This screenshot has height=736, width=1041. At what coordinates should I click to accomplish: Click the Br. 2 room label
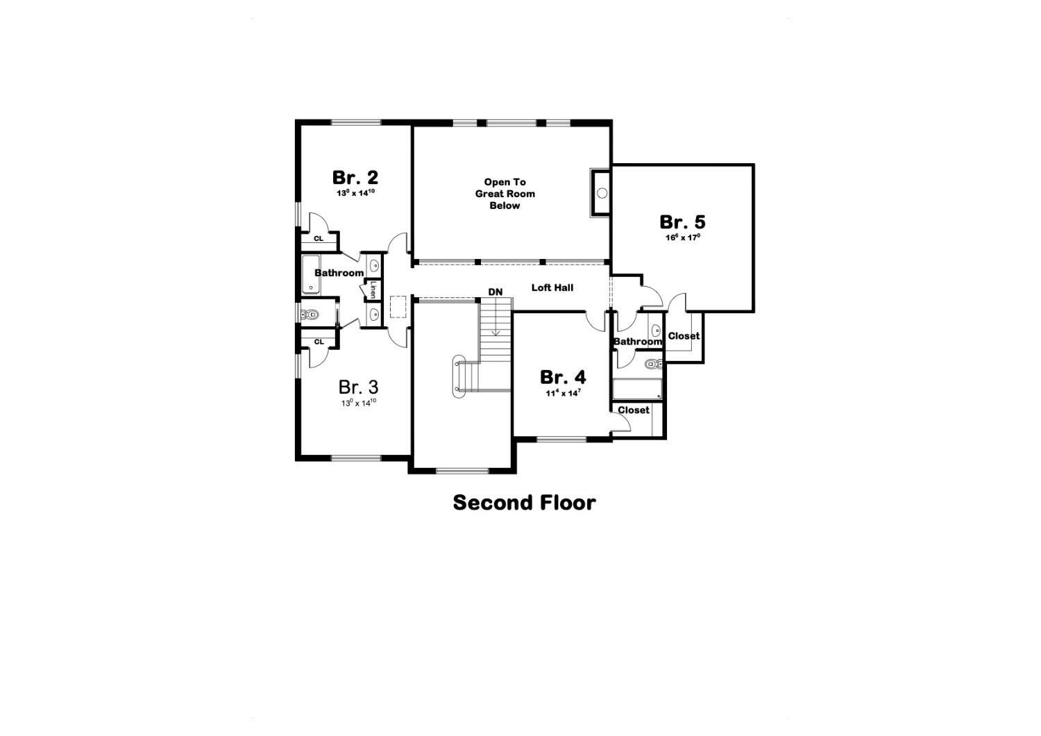pos(355,177)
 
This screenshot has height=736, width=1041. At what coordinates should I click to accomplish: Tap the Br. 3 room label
pos(358,387)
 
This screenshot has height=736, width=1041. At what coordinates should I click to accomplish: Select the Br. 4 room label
pos(563,377)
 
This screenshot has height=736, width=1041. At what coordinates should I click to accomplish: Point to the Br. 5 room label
pos(682,222)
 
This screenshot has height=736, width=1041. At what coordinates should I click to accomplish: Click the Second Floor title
pos(524,503)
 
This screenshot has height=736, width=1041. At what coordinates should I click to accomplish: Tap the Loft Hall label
pos(552,287)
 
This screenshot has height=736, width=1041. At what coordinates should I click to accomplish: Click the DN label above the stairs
pos(495,292)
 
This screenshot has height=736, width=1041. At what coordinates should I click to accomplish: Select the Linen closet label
pos(373,289)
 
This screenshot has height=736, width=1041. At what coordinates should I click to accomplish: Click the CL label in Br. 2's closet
pos(319,239)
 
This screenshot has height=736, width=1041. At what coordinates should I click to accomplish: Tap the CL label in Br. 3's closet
pos(319,342)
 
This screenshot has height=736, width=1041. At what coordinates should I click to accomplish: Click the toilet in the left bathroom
pos(310,315)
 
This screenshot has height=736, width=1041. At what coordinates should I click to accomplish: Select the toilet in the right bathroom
pos(653,364)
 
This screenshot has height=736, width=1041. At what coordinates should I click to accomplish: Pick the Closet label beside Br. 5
pos(684,336)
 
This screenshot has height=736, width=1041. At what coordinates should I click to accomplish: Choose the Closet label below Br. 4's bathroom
pos(634,410)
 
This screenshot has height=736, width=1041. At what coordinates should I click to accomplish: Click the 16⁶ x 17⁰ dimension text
pos(683,237)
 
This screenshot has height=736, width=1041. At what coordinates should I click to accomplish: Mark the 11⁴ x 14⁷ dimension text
pos(563,393)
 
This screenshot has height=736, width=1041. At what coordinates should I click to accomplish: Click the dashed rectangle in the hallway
pos(398,307)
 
